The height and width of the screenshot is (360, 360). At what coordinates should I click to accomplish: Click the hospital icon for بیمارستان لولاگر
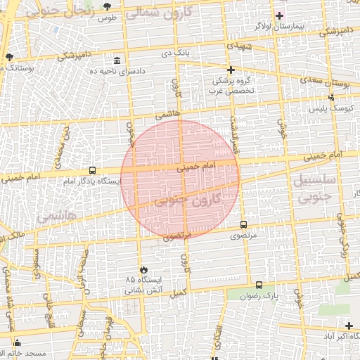click(280, 15)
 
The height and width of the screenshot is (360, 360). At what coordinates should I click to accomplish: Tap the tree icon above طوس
click(106, 6)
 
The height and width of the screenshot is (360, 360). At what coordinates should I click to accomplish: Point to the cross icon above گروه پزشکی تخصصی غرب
click(231, 70)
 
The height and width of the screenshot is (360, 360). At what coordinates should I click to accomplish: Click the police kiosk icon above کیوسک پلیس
click(331, 97)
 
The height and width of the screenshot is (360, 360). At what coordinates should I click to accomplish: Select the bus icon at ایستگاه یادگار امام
click(92, 170)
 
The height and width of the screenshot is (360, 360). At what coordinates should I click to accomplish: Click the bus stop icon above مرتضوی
click(243, 225)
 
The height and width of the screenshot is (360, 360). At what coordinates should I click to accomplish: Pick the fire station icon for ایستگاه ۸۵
click(143, 269)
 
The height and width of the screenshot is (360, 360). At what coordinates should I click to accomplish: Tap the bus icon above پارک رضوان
click(259, 285)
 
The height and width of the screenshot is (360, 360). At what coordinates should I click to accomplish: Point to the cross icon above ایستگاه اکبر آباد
click(349, 325)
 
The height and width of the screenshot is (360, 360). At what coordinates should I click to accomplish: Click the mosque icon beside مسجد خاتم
click(17, 343)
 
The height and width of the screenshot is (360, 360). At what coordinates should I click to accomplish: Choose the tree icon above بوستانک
click(8, 57)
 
